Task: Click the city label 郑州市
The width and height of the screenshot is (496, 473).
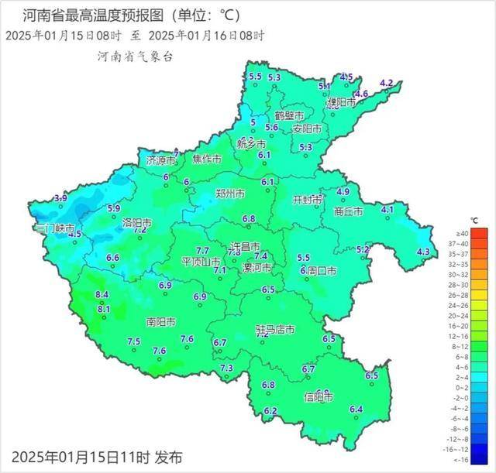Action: [x=229, y=194]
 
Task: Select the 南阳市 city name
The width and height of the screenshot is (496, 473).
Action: [x=160, y=321]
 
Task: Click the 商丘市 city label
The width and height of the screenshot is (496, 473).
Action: [x=349, y=211]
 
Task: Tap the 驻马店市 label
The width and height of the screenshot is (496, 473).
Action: [x=276, y=330]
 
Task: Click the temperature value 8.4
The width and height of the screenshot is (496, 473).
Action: [x=102, y=295]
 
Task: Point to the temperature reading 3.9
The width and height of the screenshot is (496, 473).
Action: [x=60, y=198]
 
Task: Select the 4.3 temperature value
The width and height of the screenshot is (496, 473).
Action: [x=423, y=252]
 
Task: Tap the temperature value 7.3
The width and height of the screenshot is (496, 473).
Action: [x=226, y=368]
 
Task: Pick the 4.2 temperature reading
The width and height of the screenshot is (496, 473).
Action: [x=386, y=83]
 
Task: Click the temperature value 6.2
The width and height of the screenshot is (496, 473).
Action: [x=270, y=410]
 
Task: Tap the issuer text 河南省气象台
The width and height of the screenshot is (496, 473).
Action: [x=135, y=57]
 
